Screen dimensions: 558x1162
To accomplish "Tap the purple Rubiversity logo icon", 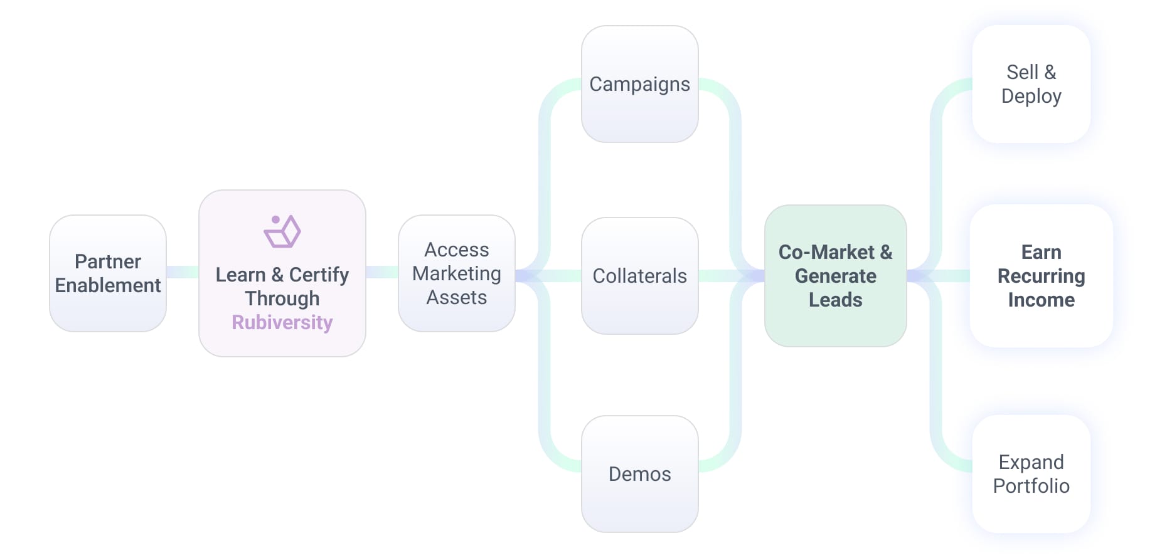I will (282, 231).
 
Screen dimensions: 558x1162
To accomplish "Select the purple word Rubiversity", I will (282, 322).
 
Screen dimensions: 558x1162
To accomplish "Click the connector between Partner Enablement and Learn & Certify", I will (183, 272).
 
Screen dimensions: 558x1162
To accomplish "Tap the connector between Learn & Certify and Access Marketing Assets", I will (382, 272).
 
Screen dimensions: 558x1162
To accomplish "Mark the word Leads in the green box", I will (836, 300).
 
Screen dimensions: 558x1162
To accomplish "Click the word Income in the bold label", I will (1042, 300).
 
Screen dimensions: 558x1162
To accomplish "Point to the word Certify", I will (319, 275).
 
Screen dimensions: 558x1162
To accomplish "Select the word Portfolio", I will (1031, 486).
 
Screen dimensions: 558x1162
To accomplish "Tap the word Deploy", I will (1031, 96).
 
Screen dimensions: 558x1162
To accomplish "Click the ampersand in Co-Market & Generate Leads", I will (886, 252).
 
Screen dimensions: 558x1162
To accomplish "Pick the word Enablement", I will (108, 285).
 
